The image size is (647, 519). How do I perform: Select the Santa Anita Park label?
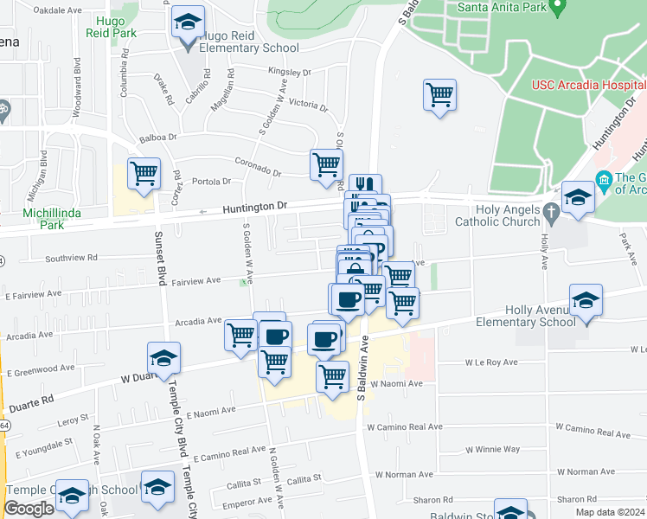click(x=503, y=7)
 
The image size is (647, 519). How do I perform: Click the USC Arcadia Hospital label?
click(x=587, y=86)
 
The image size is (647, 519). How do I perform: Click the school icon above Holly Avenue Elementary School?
click(x=586, y=300)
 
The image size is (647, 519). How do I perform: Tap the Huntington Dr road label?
click(x=253, y=208)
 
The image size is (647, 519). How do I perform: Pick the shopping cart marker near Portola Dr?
click(x=144, y=173)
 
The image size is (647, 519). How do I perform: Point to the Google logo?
click(x=29, y=509)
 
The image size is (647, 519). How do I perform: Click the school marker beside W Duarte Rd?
click(x=163, y=357)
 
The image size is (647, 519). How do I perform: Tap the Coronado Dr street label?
click(x=259, y=166)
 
